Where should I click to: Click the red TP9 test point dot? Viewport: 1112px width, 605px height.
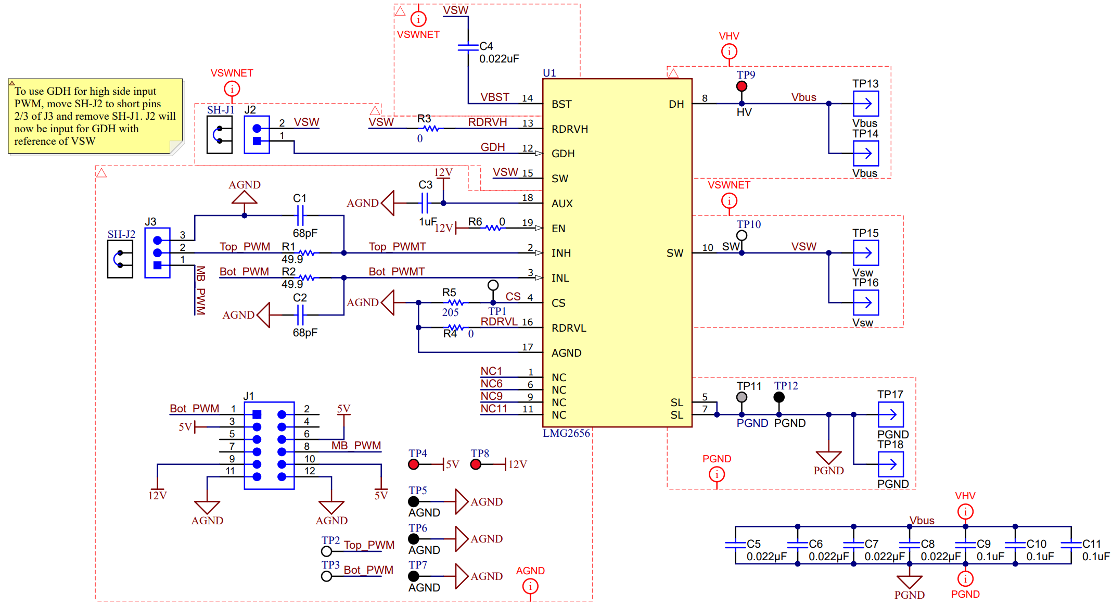point(742,86)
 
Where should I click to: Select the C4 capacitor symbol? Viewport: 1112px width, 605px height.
point(468,47)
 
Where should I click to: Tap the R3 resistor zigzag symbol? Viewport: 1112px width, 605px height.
point(430,129)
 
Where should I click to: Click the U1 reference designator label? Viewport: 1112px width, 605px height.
point(549,73)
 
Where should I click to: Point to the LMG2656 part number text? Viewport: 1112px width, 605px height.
point(566,433)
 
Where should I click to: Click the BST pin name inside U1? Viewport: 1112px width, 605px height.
point(561,104)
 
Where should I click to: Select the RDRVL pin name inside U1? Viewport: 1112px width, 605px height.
point(569,328)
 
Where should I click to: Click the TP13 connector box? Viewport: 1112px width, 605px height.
point(866,104)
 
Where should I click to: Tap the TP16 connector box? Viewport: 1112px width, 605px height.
point(866,302)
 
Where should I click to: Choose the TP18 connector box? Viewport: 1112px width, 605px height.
point(890,464)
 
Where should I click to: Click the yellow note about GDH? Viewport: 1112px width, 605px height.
point(95,116)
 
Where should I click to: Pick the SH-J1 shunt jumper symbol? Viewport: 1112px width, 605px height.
point(220,135)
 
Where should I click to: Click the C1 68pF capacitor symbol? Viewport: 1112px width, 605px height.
point(300,215)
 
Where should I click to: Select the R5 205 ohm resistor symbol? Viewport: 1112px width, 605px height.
point(455,302)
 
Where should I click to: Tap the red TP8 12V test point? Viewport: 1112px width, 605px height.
point(476,464)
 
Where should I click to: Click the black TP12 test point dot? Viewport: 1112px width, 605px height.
point(779,397)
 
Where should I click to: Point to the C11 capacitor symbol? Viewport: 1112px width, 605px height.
point(1071,545)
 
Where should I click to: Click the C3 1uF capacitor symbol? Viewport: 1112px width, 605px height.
point(425,203)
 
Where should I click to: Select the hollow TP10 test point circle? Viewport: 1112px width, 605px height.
point(742,235)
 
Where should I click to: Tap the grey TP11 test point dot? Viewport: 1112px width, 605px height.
point(742,397)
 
